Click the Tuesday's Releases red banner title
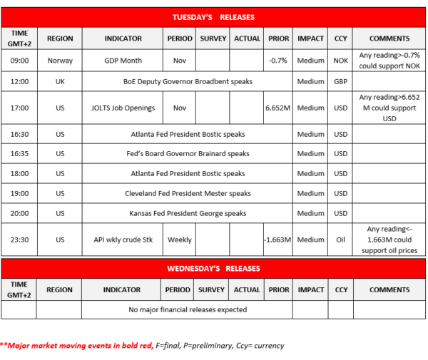click(x=213, y=17)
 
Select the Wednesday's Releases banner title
click(x=213, y=268)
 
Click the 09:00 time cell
click(x=20, y=61)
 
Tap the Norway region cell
click(x=60, y=61)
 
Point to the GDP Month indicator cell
click(x=123, y=61)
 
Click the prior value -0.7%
click(x=277, y=61)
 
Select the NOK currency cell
click(x=341, y=61)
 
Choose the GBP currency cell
click(x=341, y=82)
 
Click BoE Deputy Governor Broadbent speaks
click(x=188, y=82)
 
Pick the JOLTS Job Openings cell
click(x=123, y=108)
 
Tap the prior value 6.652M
click(x=277, y=108)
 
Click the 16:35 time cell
click(x=20, y=153)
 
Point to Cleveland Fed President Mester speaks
click(x=188, y=193)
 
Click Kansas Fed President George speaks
click(x=188, y=213)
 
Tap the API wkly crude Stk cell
click(x=123, y=240)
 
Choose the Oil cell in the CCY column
click(x=341, y=240)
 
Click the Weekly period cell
click(x=179, y=240)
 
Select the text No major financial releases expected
click(x=188, y=309)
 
